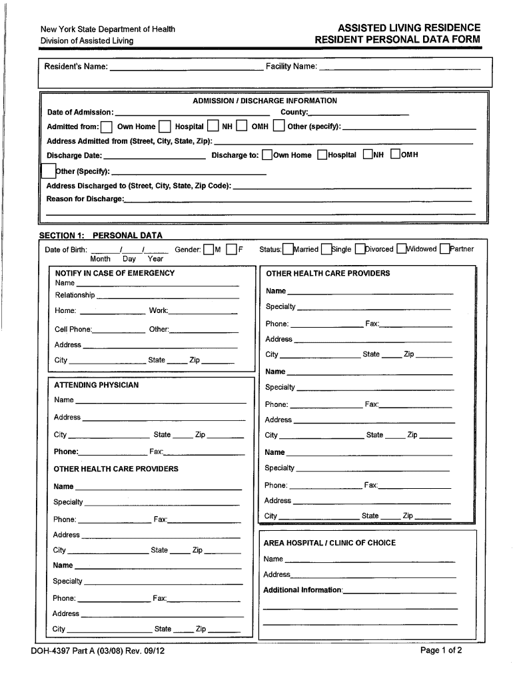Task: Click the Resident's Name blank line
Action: (186, 68)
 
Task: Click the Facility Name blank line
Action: (400, 68)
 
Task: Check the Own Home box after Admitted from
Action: (107, 127)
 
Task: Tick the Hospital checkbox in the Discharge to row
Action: (322, 155)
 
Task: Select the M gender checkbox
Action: (209, 250)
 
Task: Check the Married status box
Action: (288, 250)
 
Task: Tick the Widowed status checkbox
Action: (401, 250)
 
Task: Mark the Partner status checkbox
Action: (444, 250)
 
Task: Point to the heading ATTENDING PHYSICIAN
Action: (96, 385)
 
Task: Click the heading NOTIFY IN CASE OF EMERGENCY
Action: (115, 273)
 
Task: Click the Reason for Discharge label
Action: (85, 199)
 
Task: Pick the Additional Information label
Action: (302, 590)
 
